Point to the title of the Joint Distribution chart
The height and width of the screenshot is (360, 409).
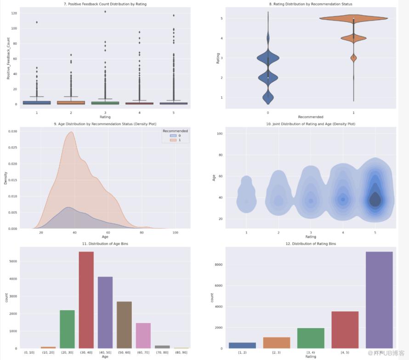point(310,124)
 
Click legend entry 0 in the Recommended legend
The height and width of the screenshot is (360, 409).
point(176,136)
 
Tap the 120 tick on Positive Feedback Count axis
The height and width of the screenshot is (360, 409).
point(14,13)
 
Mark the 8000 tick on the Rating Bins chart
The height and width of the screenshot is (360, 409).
point(218,264)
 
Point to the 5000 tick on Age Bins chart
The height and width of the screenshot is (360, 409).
point(13,261)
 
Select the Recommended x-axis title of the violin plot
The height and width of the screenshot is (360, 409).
point(310,117)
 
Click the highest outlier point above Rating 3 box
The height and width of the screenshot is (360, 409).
point(105,11)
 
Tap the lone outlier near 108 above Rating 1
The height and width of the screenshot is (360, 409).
point(37,22)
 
